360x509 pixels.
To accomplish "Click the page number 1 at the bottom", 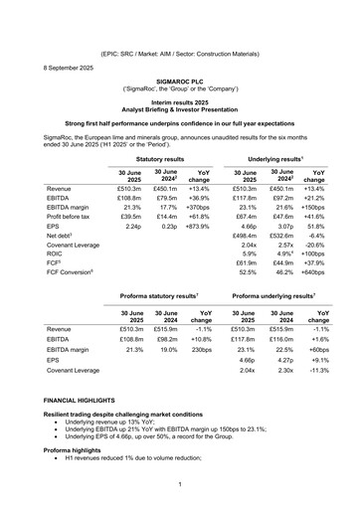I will point(180,483).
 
